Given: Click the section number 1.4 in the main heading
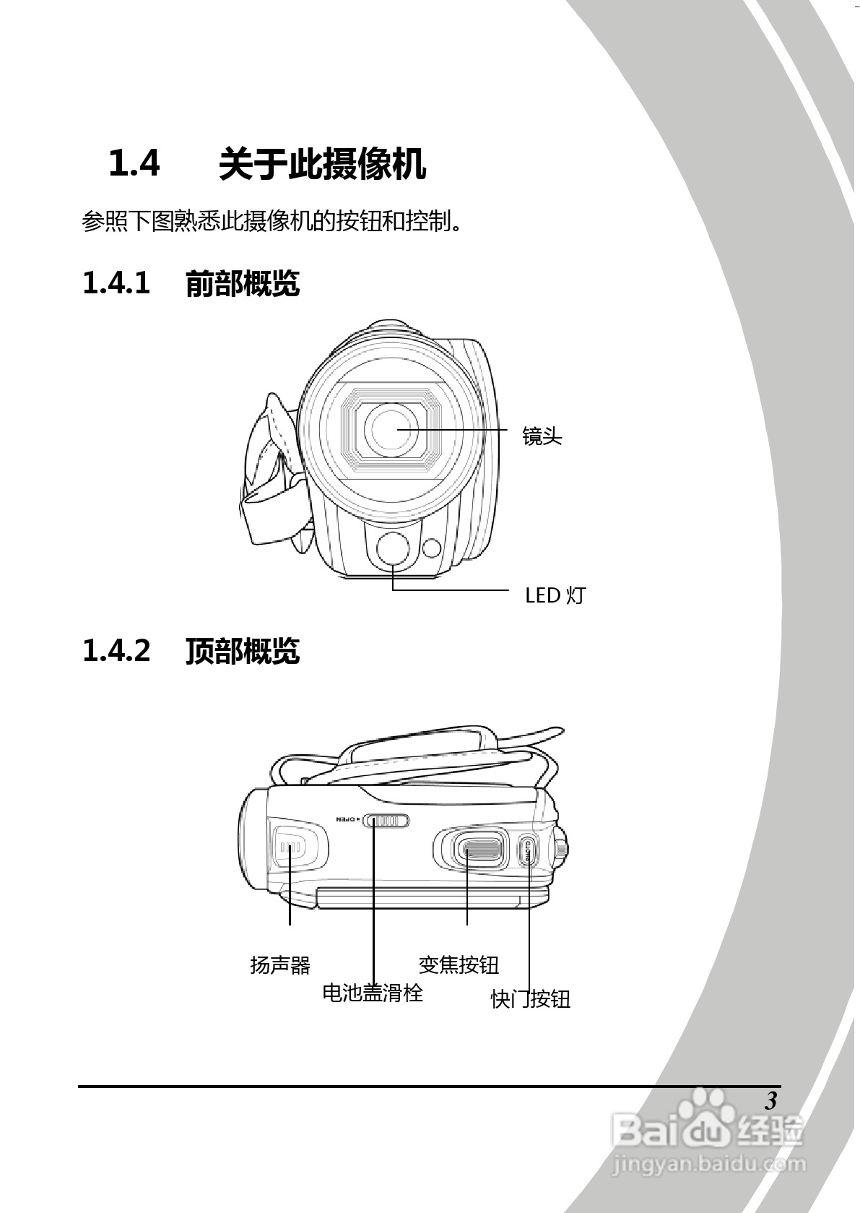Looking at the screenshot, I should [134, 163].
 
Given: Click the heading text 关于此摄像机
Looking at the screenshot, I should [322, 164].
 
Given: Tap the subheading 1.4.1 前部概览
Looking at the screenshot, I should [191, 283].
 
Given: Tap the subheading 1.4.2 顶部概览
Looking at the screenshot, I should [191, 650].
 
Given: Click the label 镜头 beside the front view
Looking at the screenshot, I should [542, 436].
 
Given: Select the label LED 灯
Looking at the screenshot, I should [555, 595].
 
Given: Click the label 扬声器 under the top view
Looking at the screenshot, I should [279, 964].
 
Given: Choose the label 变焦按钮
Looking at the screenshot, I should [459, 964].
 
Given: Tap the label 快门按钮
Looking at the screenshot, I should [531, 999].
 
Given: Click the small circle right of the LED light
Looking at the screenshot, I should [432, 548].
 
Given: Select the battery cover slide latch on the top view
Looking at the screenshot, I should [386, 821].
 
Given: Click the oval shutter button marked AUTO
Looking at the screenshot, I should [528, 852].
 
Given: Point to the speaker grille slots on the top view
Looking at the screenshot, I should [290, 847].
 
